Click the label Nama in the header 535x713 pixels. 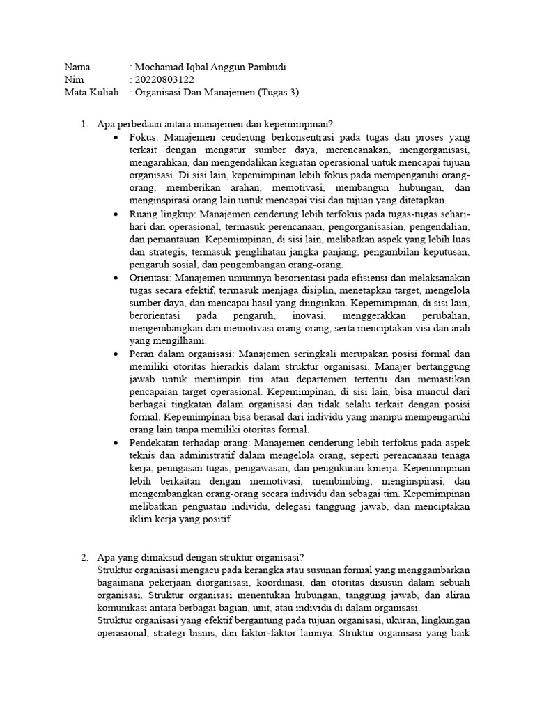point(79,68)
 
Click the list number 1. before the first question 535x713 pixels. point(84,125)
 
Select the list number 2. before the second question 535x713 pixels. point(84,558)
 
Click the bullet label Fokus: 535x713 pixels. point(144,137)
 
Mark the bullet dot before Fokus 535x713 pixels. point(116,138)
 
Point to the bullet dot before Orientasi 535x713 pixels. point(116,278)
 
